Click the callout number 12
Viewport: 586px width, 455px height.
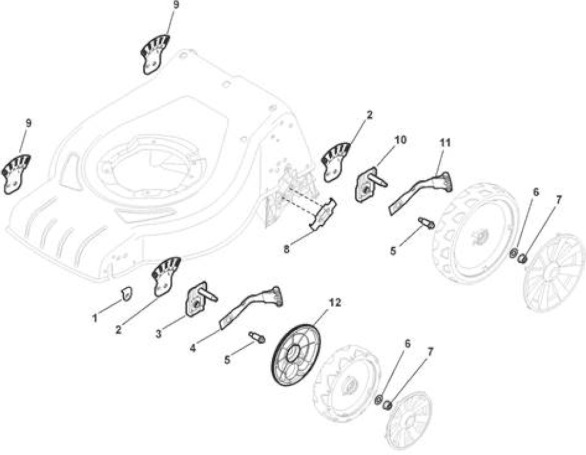(335, 303)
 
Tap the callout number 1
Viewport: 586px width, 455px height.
(95, 318)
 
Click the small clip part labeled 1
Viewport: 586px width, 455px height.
(127, 293)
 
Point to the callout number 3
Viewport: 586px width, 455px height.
(159, 333)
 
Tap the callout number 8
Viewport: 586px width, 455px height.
(286, 249)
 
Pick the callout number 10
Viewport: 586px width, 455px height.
(400, 140)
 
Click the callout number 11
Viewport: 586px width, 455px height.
(445, 142)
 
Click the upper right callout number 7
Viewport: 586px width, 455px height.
(559, 200)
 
